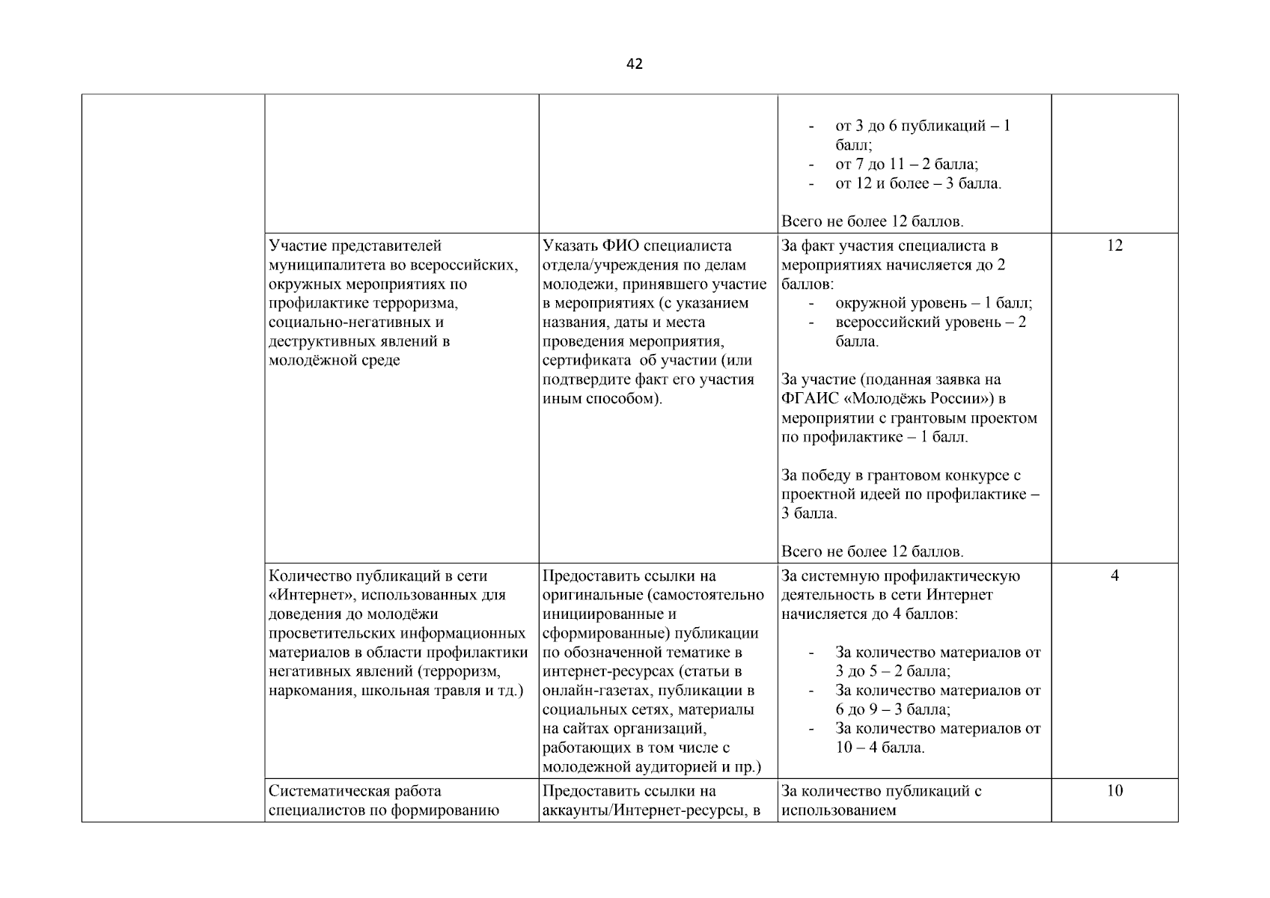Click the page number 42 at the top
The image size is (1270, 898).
point(634,64)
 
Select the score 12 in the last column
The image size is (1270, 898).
point(1114,246)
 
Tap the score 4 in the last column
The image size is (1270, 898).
point(1114,576)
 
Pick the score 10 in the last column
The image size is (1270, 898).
point(1114,791)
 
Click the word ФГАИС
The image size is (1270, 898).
point(804,399)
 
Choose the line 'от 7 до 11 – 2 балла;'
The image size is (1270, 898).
point(906,165)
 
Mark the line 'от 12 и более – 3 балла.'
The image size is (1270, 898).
point(918,184)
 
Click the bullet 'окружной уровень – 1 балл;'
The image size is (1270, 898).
point(933,303)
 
